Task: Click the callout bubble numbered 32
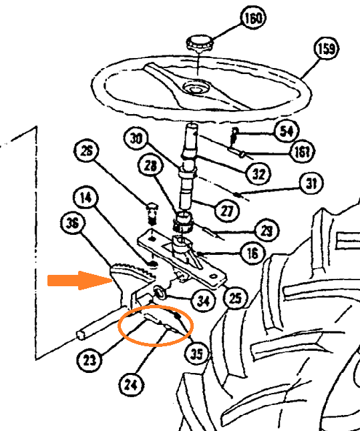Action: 257,175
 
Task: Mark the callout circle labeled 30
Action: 137,139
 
